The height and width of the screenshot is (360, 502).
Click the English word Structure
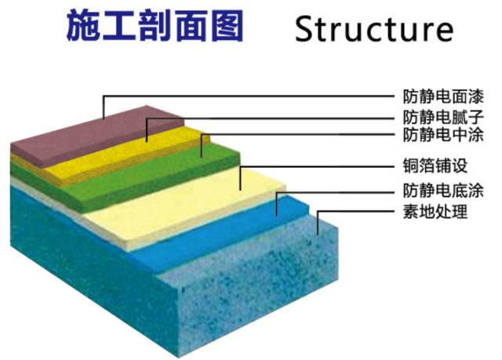tap(374, 29)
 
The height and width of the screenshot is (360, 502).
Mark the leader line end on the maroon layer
tap(104, 118)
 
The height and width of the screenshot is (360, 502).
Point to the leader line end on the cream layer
tap(240, 188)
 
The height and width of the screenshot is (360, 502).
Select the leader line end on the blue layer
tap(276, 213)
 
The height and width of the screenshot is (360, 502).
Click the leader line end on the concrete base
tap(317, 233)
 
